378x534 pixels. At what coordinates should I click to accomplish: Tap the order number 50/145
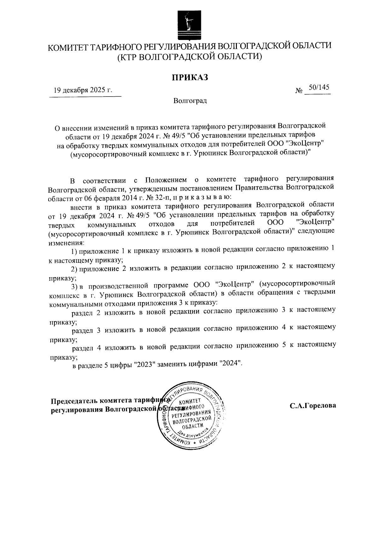pos(319,88)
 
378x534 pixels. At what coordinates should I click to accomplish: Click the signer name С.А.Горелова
pos(313,406)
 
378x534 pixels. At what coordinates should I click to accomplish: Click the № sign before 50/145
pos(299,91)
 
